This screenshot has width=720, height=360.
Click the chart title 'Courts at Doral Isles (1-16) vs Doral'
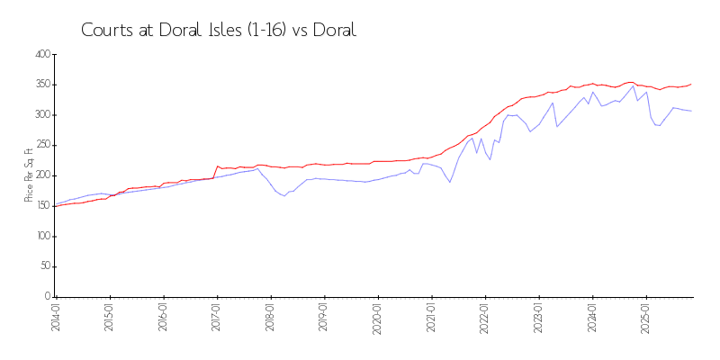[219, 30]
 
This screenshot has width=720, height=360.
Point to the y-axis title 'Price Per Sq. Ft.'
[29, 175]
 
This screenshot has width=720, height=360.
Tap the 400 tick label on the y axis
[40, 55]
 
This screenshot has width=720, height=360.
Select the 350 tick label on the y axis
[40, 85]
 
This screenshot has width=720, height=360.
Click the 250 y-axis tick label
[40, 146]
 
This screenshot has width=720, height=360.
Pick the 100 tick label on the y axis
[40, 237]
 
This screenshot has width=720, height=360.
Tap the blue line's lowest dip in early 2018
[284, 195]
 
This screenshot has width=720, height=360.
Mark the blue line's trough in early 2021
[450, 183]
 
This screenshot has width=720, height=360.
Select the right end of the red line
[691, 84]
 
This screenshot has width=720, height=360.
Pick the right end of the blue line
[691, 111]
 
